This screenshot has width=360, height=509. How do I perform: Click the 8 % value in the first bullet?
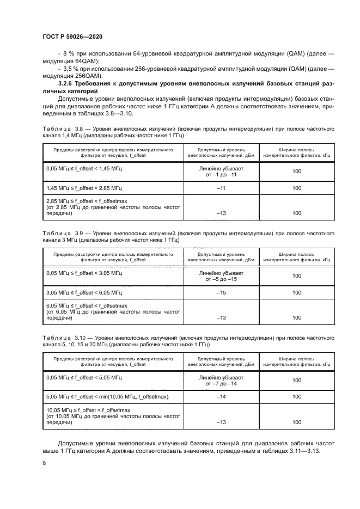point(70,55)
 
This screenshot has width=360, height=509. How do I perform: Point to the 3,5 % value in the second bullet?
point(72,69)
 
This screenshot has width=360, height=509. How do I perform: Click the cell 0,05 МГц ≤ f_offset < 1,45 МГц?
point(84,170)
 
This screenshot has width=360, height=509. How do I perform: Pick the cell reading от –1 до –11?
point(221,176)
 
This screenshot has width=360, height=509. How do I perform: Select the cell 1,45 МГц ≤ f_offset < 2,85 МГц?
point(84,188)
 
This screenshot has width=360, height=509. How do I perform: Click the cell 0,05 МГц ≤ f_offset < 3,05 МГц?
point(84,272)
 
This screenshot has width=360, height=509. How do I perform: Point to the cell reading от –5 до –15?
point(221,279)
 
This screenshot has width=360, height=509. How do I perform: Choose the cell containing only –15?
point(221,293)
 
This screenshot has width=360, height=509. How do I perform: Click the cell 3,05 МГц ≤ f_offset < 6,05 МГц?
point(84,293)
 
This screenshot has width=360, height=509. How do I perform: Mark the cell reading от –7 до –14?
point(221,384)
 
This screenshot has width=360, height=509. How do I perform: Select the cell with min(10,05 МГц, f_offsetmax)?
point(108,397)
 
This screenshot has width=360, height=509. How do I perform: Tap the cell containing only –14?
point(221,397)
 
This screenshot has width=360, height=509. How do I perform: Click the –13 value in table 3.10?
point(221,422)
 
